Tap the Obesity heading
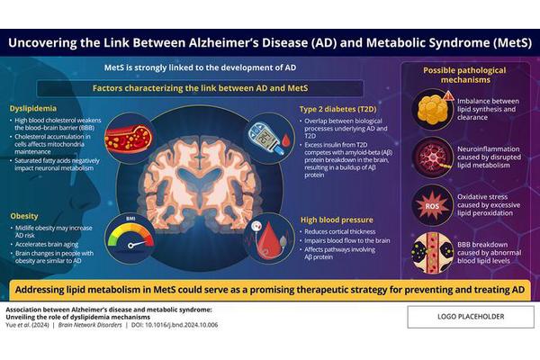(23, 217)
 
